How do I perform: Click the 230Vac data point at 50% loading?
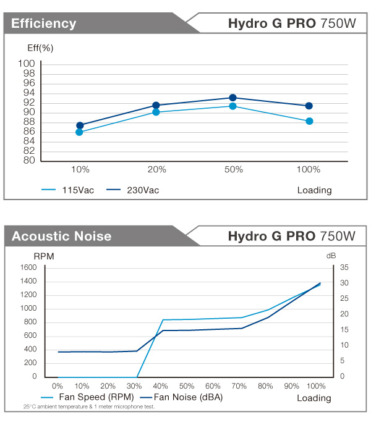click(232, 98)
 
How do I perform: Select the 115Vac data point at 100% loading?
click(309, 121)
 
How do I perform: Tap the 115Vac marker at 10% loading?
click(79, 132)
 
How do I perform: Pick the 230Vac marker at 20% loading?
click(156, 106)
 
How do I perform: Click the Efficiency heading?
click(43, 24)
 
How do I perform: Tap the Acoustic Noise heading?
click(61, 236)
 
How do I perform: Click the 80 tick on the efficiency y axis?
click(28, 161)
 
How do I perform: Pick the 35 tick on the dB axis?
click(345, 267)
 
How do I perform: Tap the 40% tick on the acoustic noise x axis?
click(160, 386)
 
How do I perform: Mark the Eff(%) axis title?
click(40, 48)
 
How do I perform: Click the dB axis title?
click(331, 255)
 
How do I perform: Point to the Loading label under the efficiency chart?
click(314, 190)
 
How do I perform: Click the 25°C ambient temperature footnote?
click(89, 407)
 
